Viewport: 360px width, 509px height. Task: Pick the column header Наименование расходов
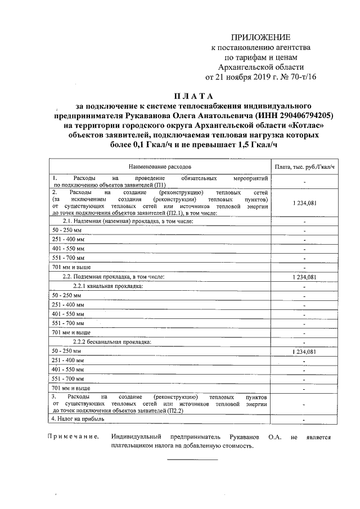point(160,167)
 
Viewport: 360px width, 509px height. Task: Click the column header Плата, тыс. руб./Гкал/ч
point(304,167)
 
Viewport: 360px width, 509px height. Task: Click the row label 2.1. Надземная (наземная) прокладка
point(128,222)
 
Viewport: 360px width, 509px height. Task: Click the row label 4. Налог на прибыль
point(77,418)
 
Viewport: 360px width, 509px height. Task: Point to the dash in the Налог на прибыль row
point(304,420)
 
